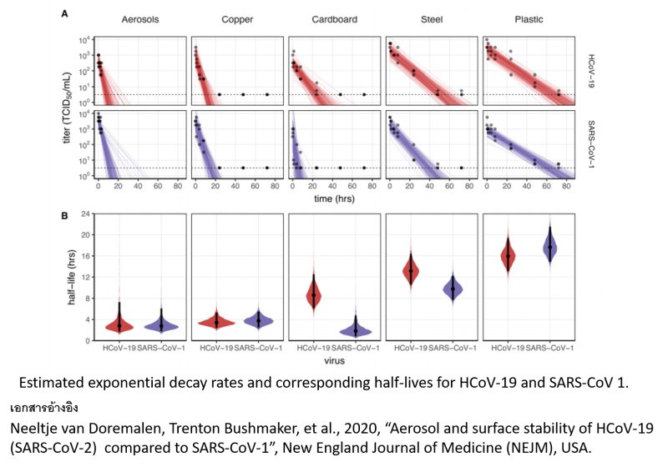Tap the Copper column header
237,18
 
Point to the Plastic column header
529,18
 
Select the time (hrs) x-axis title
334,200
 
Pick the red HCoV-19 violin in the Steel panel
411,270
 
